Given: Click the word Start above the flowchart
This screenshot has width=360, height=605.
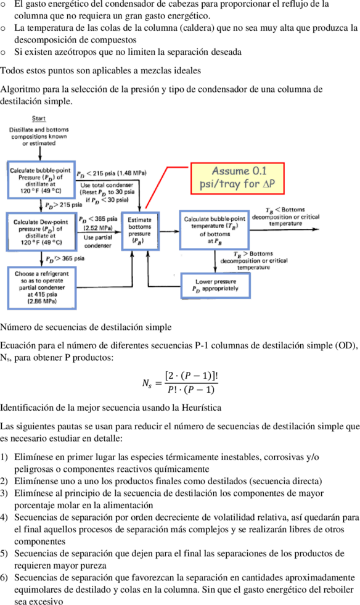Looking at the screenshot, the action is pos(39,118).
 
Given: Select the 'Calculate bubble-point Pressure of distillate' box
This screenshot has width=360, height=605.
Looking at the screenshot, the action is pos(41,180).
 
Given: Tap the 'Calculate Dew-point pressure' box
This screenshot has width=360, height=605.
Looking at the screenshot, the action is pos(41,232).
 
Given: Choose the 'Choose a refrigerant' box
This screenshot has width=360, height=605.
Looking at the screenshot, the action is pos(42,288).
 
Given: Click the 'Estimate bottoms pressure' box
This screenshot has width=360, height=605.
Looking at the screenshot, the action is pos(140,231).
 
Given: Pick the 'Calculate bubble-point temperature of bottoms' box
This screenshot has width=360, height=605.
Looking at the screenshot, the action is pos(215,230).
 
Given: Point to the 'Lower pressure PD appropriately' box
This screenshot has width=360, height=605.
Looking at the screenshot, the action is pos(215,286).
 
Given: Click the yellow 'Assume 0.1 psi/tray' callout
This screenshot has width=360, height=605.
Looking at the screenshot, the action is pos(237,178).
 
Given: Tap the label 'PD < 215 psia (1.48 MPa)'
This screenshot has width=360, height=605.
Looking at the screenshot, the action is pos(112,173).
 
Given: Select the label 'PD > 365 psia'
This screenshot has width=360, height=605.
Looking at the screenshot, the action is pos(65,258).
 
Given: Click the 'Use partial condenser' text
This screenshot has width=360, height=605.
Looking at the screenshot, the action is pos(98,242).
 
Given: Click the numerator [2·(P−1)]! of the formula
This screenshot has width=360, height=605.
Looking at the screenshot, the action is pos(191,376).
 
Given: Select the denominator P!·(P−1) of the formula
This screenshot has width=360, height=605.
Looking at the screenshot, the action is pos(191,389).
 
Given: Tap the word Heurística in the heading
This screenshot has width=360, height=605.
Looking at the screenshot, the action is pos(202,408).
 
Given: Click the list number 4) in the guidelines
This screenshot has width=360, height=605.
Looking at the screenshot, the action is pos(4,517).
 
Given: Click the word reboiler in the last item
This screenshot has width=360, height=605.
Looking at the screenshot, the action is pos(340,590).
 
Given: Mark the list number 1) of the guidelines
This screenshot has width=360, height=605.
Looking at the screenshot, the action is pos(4,457).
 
